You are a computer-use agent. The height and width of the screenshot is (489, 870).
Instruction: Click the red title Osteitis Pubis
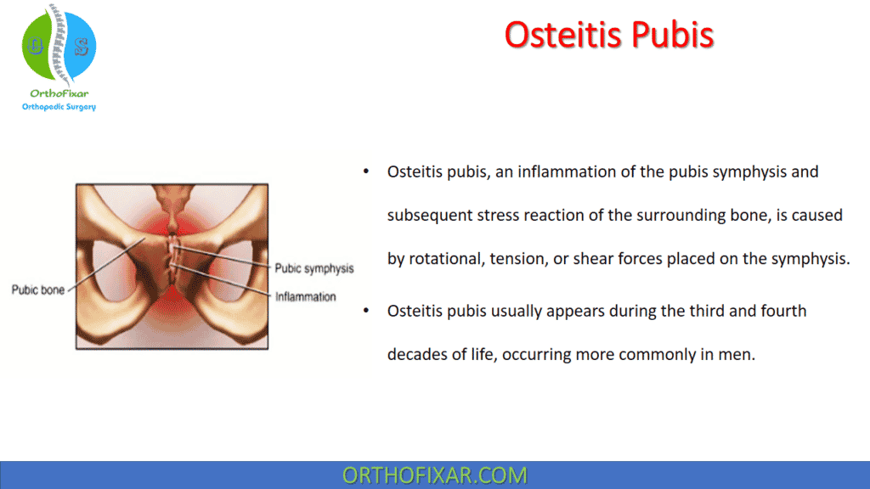608,34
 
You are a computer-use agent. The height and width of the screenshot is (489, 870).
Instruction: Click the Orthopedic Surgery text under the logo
59,106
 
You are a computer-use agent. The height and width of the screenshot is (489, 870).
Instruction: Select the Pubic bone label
37,289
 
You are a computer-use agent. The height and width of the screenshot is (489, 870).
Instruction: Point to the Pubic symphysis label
314,268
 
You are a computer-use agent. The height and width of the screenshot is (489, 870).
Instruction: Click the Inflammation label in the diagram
305,296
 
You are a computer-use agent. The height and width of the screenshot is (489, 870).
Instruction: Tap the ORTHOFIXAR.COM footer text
434,475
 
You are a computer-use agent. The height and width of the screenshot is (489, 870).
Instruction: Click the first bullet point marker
365,172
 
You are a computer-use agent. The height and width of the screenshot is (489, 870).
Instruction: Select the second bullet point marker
365,312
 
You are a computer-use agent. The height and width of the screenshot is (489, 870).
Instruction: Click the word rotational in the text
445,259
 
